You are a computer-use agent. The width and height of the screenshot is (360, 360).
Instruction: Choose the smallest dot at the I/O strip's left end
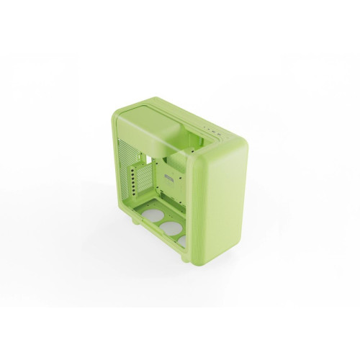pos(204,126)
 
